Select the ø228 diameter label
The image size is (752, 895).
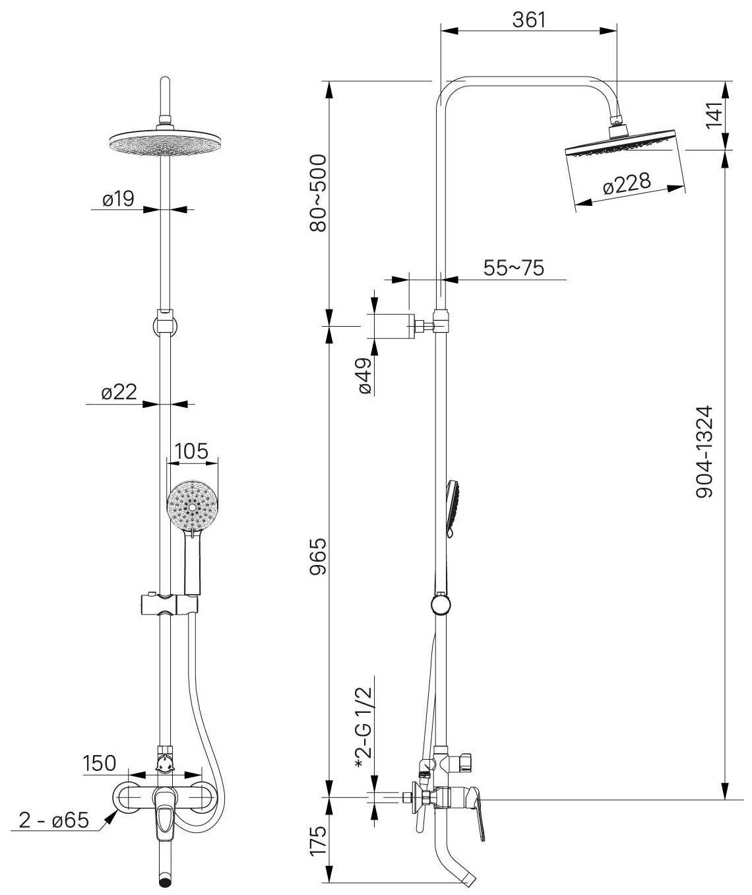coord(626,183)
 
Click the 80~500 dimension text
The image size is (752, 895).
coord(319,193)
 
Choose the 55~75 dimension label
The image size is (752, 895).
coord(514,268)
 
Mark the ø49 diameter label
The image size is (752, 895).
coord(365,376)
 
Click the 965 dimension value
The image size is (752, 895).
coord(319,556)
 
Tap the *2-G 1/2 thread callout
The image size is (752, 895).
coord(365,727)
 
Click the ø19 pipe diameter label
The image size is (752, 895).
coord(118,199)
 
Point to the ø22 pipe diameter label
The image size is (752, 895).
coord(119,393)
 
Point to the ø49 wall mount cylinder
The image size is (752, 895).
coord(394,325)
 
